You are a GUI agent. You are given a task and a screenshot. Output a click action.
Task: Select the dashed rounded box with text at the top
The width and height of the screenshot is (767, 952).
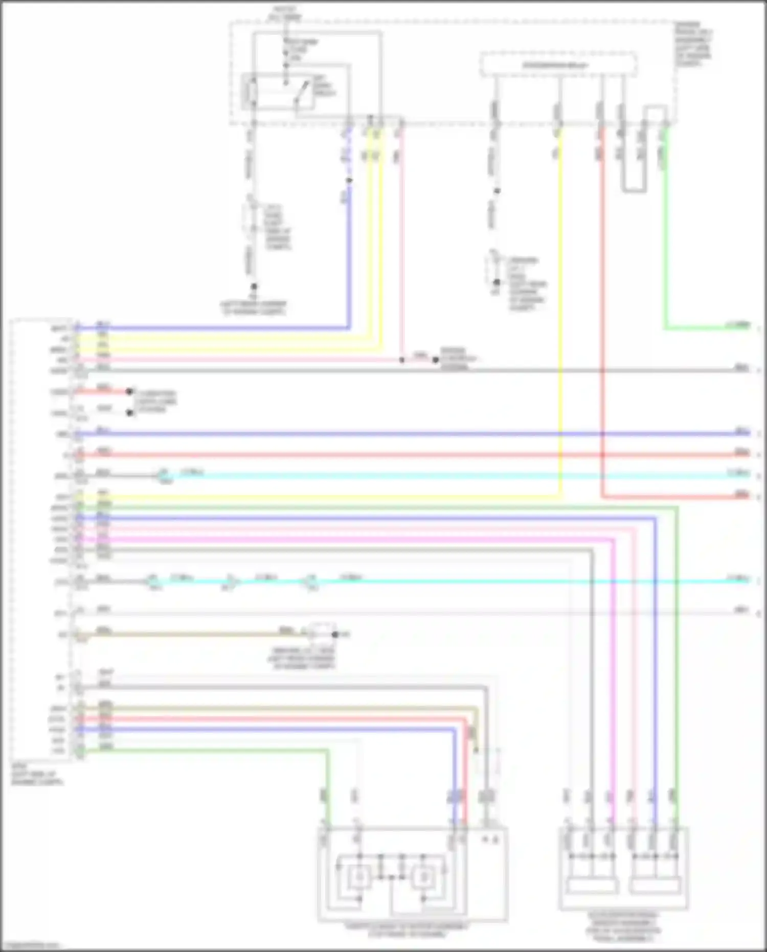click(x=558, y=65)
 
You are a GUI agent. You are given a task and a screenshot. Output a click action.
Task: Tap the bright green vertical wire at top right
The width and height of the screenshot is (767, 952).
click(x=666, y=230)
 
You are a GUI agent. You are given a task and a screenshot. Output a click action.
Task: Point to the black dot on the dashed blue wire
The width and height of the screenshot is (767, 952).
click(x=349, y=181)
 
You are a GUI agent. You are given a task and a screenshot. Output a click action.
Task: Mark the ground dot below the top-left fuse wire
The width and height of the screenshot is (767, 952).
click(x=254, y=287)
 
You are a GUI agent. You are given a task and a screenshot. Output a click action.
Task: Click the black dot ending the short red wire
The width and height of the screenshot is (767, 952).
click(x=129, y=391)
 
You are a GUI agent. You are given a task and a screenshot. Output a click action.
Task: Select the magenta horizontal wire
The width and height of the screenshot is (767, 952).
click(x=358, y=539)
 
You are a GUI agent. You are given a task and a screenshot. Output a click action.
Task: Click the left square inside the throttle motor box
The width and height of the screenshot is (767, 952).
click(x=359, y=877)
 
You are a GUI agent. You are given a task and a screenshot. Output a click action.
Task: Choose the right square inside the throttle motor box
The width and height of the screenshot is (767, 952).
click(x=424, y=877)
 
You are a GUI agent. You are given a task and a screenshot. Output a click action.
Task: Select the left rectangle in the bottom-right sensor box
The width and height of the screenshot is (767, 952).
click(x=592, y=885)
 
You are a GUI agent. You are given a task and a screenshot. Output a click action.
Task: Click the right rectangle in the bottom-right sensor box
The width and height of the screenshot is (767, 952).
click(x=656, y=885)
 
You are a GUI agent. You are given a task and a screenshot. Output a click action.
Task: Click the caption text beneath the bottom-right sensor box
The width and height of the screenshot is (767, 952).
click(x=624, y=925)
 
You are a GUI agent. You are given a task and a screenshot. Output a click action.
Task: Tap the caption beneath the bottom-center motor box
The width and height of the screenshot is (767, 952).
click(x=407, y=929)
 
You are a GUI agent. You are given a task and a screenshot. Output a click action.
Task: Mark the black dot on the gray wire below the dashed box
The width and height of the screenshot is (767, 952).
click(x=497, y=191)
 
